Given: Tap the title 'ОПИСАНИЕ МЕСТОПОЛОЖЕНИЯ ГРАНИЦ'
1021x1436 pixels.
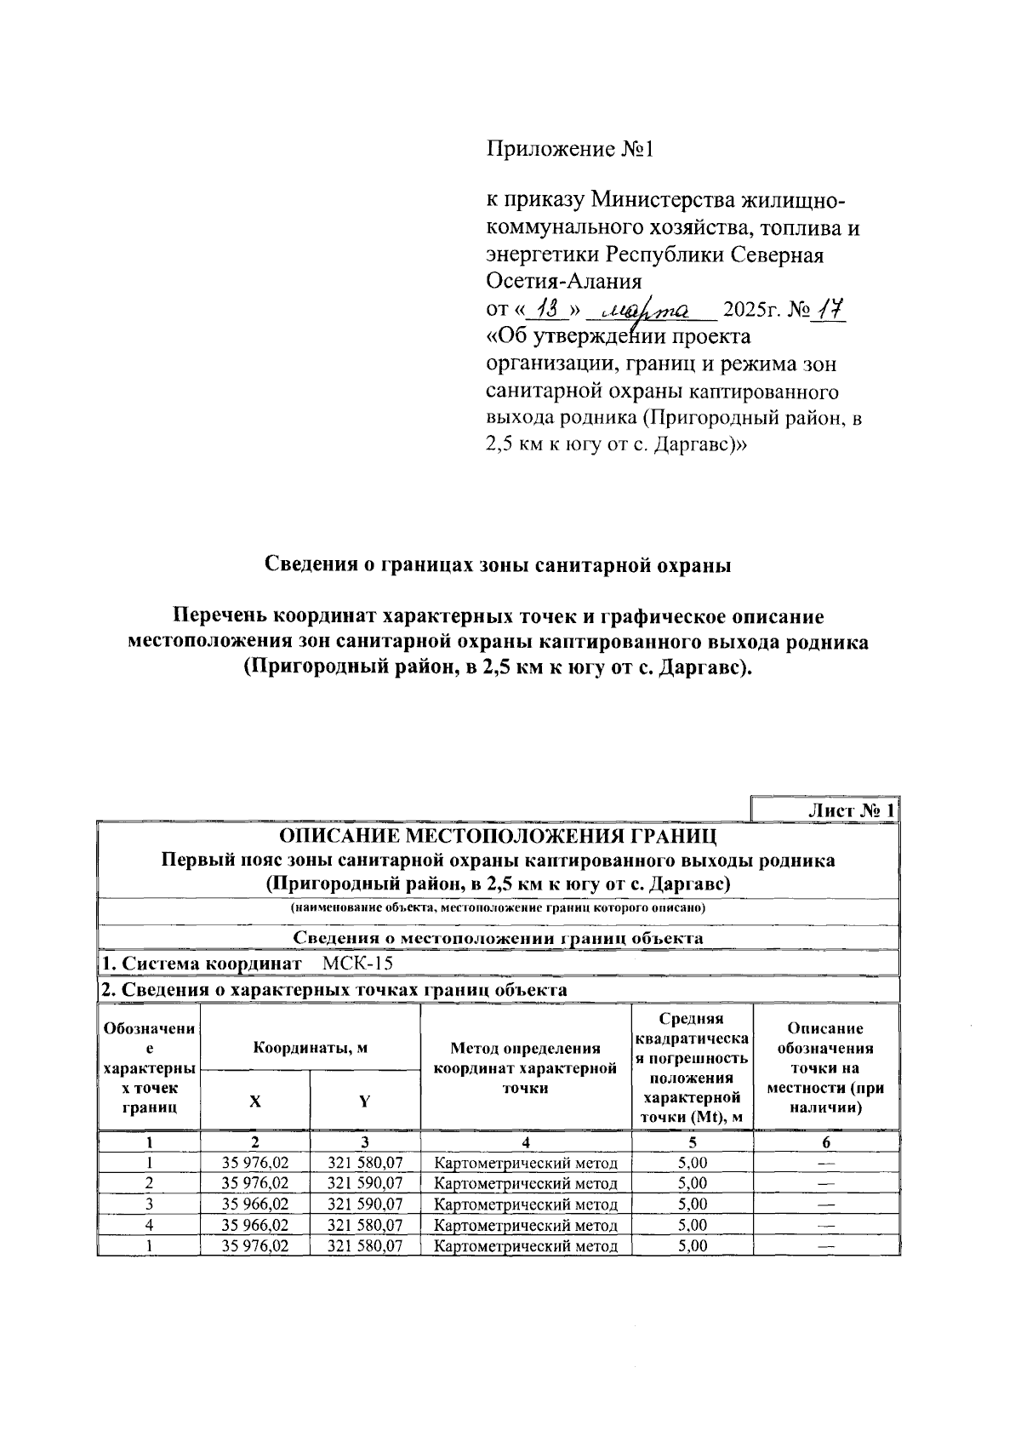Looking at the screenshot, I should [x=499, y=835].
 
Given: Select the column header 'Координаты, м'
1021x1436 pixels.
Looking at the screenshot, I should [x=311, y=1048].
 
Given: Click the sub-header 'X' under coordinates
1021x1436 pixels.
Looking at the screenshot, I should [x=255, y=1101].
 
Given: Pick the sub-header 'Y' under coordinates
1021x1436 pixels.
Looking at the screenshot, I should [x=365, y=1101].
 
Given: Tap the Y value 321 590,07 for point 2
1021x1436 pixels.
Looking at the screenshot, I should [x=365, y=1183].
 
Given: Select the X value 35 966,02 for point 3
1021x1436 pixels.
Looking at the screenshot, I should [x=255, y=1204].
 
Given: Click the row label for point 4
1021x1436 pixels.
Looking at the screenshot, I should [x=150, y=1225].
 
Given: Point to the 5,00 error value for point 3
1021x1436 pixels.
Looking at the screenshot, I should [x=693, y=1204].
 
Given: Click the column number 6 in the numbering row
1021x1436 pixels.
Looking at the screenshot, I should [x=826, y=1142].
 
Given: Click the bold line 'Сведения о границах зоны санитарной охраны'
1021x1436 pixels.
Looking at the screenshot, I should [x=499, y=565].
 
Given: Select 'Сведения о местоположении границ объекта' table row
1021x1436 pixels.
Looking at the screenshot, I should [x=499, y=937].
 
